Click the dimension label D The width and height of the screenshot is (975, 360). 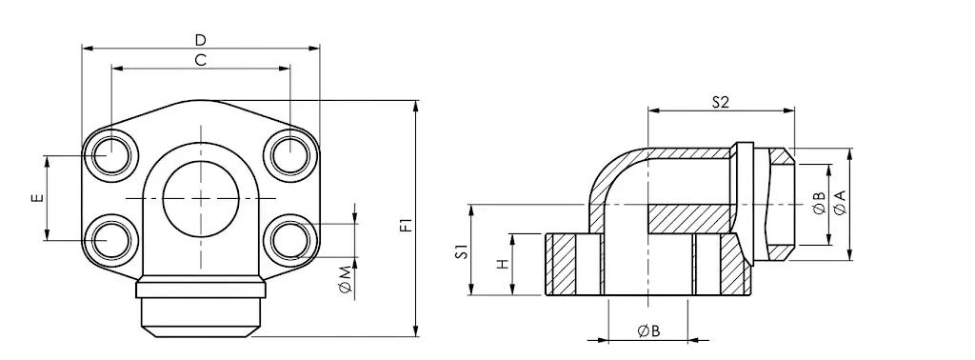click(x=200, y=40)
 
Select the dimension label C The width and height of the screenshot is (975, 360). click(x=200, y=60)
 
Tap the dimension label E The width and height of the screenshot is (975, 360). click(x=38, y=198)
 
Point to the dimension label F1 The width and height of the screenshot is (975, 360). click(x=406, y=225)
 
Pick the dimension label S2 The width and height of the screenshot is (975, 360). click(x=720, y=103)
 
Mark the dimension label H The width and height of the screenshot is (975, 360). click(x=502, y=264)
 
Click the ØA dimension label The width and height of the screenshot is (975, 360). click(x=840, y=203)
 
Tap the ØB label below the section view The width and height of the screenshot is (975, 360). click(x=648, y=331)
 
